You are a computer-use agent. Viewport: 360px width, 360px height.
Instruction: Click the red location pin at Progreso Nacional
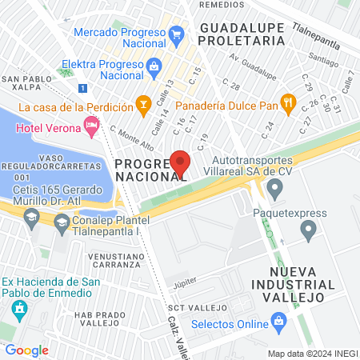tap(181, 162)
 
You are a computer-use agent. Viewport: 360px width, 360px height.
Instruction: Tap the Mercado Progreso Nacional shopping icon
tap(177, 33)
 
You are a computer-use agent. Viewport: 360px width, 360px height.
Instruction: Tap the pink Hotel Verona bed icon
tap(91, 125)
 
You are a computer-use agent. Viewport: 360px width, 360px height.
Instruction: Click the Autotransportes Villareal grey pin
tap(276, 189)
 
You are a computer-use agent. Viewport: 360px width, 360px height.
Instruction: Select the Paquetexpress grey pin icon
tap(310, 231)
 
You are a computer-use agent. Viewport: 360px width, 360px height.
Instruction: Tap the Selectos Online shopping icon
tap(279, 324)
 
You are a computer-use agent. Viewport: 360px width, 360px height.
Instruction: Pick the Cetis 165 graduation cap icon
tap(31, 218)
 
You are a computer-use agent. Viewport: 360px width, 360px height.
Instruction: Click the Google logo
tap(26, 350)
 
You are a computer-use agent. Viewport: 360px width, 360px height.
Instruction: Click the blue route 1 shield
tap(82, 88)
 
